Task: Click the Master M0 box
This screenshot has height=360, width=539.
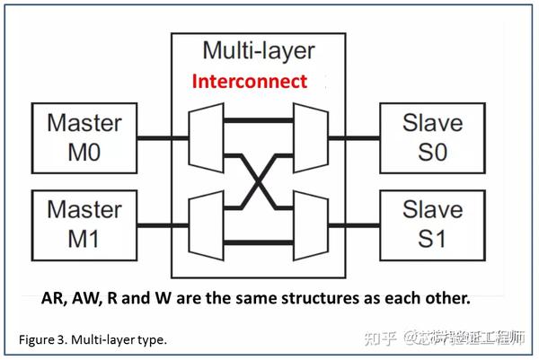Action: click(x=85, y=137)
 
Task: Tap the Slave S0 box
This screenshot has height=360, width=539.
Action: click(x=433, y=137)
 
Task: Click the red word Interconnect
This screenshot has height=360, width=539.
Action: click(x=249, y=82)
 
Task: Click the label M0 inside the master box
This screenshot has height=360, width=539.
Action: click(x=85, y=153)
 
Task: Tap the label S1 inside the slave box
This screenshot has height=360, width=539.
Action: click(x=433, y=240)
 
